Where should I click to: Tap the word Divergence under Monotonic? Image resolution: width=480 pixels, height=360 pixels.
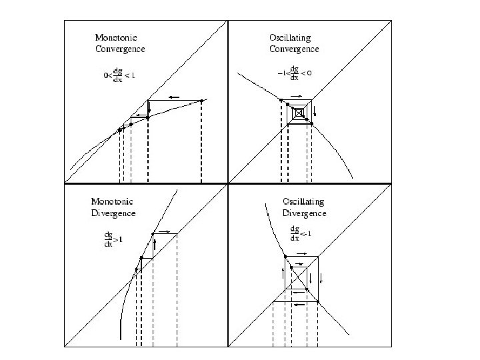point(113,213)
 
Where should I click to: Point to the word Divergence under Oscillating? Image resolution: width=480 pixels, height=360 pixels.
point(305,213)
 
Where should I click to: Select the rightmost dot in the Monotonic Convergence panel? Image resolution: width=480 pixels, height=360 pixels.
point(201,101)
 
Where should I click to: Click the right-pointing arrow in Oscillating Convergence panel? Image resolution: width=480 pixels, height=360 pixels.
point(296,97)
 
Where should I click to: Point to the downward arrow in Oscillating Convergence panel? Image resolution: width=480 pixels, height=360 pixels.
point(315,110)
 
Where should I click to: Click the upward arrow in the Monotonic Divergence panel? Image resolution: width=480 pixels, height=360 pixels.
point(155,245)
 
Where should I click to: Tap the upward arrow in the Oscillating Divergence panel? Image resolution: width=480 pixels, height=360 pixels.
point(283,273)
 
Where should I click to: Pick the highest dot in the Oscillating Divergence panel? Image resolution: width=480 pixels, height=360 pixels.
point(285,257)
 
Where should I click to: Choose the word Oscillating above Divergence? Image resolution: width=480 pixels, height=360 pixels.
point(305,201)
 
